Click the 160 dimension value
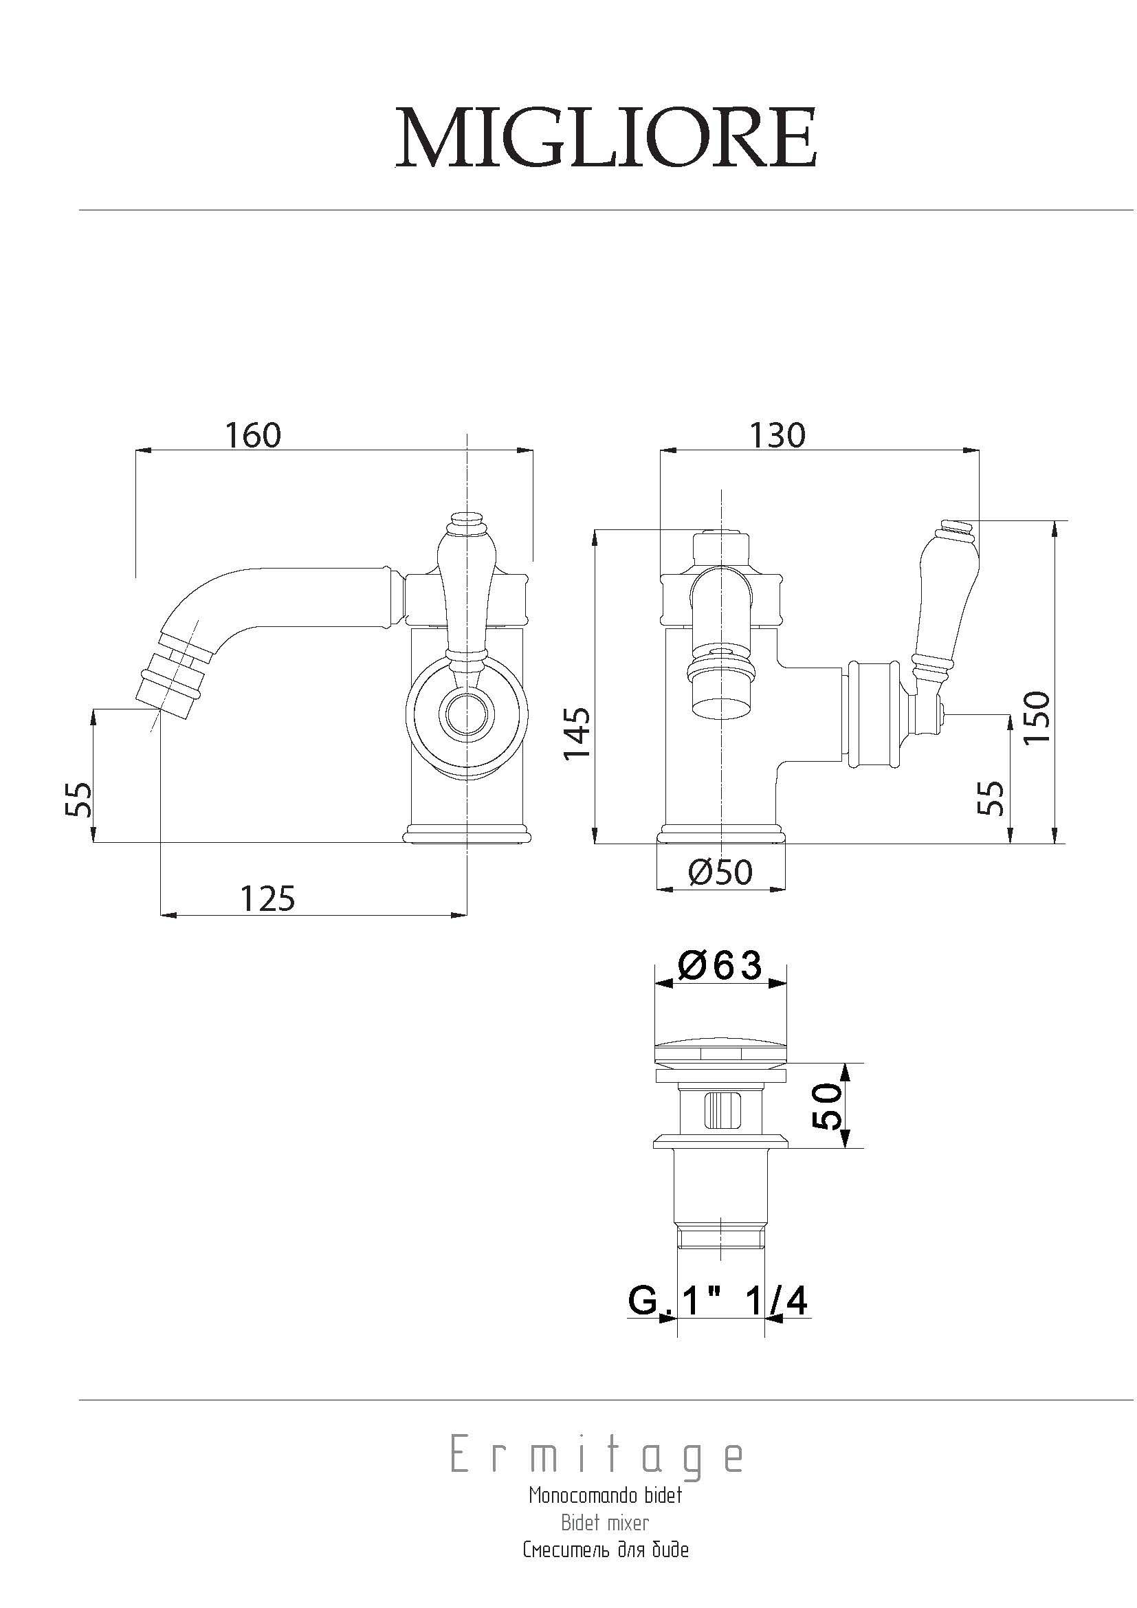click(x=254, y=435)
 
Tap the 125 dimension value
click(x=268, y=898)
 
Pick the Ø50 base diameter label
click(x=720, y=872)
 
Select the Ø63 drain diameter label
click(x=720, y=967)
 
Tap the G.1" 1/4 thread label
click(x=718, y=1302)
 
